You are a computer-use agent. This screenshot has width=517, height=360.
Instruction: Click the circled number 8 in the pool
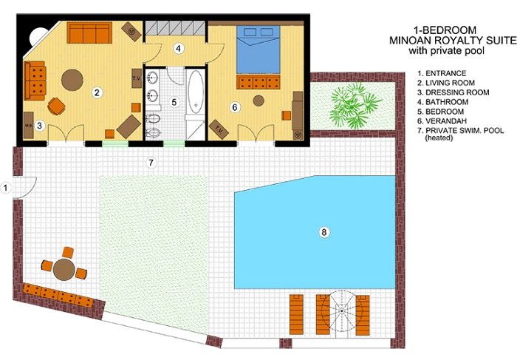pos(323,232)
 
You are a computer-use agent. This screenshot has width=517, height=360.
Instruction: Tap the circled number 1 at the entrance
pos(5,188)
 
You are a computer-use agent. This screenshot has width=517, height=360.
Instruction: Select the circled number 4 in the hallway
pos(179,49)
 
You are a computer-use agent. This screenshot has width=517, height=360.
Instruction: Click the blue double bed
pos(258,50)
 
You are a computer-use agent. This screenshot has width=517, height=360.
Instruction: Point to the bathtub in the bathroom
pos(196,92)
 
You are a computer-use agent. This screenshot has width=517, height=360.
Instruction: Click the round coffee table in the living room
pos(72,80)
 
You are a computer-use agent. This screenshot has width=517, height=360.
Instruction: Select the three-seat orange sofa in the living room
pos(89,33)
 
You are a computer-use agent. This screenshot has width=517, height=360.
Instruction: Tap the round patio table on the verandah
pos(64,270)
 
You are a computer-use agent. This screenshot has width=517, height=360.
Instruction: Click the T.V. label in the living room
pos(137,78)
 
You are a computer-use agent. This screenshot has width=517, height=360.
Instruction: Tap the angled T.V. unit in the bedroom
pos(219,129)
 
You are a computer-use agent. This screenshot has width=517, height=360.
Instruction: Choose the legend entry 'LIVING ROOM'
pos(450,83)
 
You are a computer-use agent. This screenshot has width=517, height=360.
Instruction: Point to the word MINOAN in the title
pos(408,40)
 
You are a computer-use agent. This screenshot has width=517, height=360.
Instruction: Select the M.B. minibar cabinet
pos(28,125)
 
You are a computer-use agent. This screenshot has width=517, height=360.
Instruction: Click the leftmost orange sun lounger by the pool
pos(296,315)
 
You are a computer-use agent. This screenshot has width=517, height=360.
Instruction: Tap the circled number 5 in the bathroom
pos(174,102)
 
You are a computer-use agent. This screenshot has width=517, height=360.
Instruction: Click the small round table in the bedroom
pos(258,101)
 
